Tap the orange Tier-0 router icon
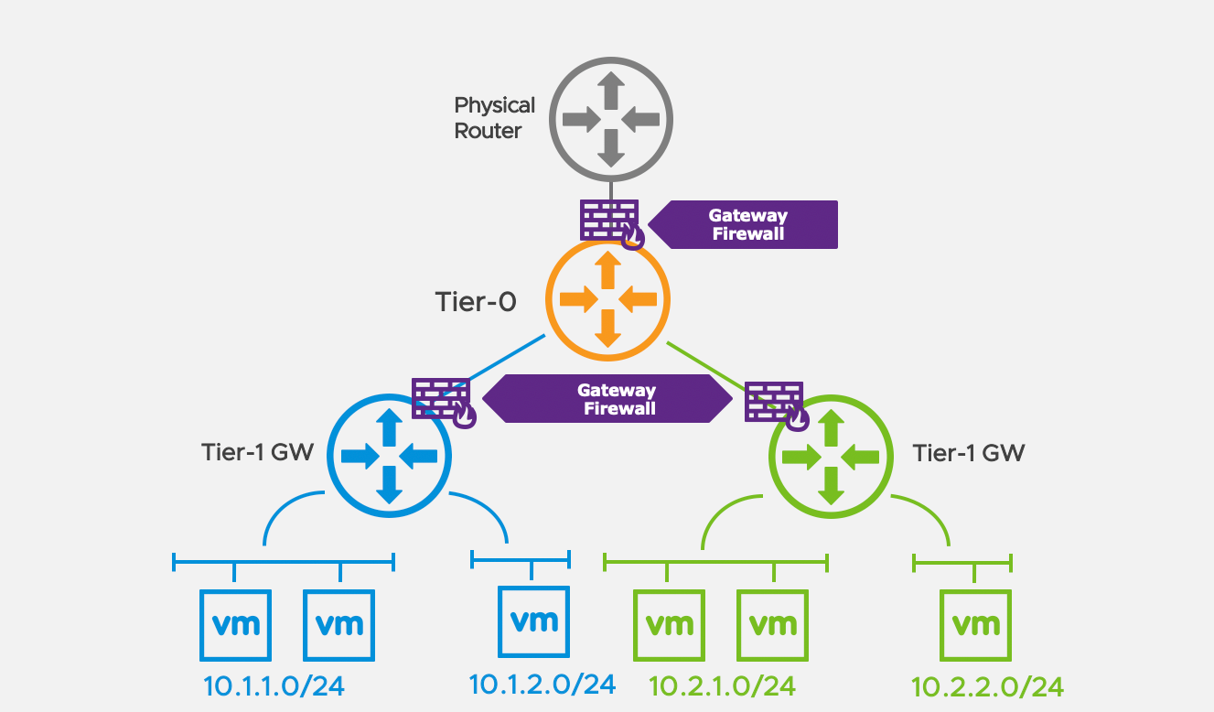point(607,298)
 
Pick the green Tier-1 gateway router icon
point(831,456)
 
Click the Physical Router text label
point(494,118)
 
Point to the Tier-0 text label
point(476,302)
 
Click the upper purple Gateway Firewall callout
point(747,224)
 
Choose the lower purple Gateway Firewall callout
point(609,400)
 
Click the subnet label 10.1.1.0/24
point(274,686)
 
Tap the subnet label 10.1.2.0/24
point(542,684)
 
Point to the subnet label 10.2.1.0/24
point(722,685)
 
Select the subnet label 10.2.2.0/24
point(987,687)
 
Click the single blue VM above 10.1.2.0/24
point(533,621)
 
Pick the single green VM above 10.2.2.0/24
point(975,625)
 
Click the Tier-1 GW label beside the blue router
point(258,452)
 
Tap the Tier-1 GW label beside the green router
point(969,452)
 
